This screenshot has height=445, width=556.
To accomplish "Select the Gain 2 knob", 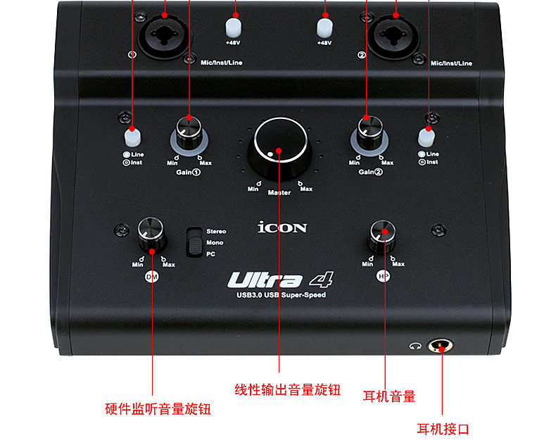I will click(x=367, y=127).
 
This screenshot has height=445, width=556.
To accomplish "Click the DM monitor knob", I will click(x=151, y=234).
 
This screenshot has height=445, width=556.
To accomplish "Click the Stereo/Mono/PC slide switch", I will click(x=192, y=243).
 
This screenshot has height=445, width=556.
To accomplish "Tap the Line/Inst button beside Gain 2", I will click(x=426, y=136).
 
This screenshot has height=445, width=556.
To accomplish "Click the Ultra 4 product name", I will click(x=279, y=280).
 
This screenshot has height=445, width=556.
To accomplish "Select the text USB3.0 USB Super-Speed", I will click(x=279, y=295).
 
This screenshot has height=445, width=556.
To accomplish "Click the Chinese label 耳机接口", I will click(x=443, y=429).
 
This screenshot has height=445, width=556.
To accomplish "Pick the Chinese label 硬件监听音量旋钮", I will click(x=158, y=408).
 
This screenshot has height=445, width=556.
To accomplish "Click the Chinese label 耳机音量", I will click(x=389, y=396).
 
